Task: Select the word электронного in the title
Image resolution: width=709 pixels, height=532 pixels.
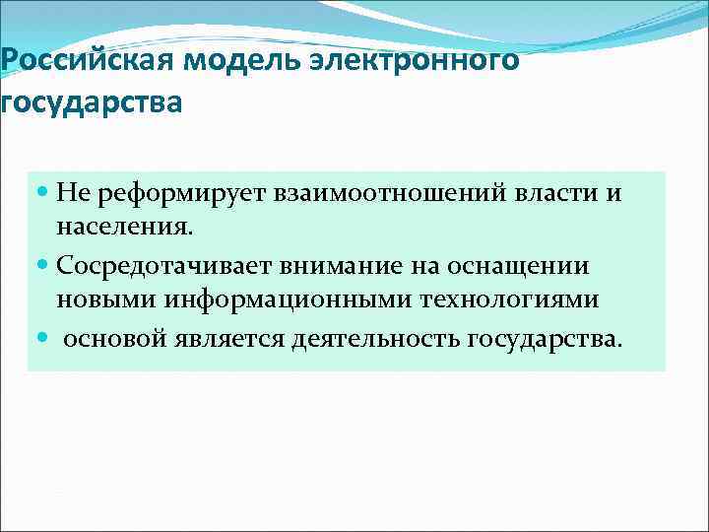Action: click(x=428, y=61)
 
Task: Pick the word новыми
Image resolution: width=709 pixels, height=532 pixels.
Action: click(x=99, y=300)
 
